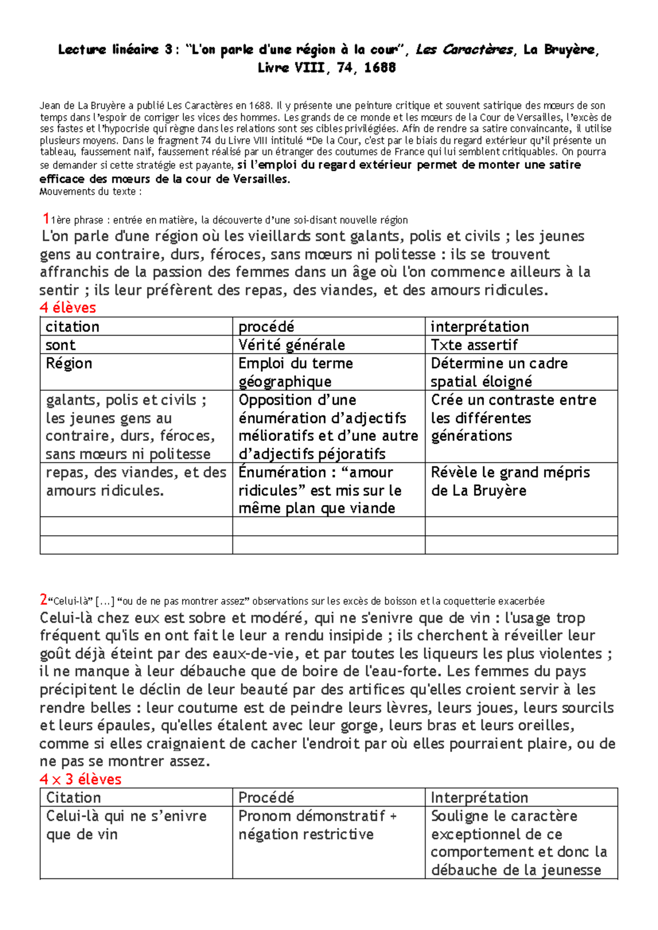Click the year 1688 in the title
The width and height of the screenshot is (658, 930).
click(379, 67)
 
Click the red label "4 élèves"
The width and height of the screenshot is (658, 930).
click(67, 308)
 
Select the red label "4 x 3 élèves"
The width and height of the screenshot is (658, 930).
click(80, 779)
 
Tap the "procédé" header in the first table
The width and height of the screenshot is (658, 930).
click(266, 327)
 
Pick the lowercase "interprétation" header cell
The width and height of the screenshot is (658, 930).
click(479, 327)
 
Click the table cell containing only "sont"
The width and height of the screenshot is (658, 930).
click(60, 345)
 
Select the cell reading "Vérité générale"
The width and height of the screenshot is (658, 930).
click(291, 345)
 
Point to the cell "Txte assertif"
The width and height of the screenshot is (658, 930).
click(474, 345)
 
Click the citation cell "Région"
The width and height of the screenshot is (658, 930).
click(69, 364)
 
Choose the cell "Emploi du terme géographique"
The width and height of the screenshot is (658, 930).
click(295, 372)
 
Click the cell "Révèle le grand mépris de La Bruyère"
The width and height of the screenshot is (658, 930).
click(510, 481)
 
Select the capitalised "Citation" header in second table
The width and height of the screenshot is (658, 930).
click(73, 797)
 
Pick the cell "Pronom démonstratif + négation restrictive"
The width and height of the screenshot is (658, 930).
click(317, 825)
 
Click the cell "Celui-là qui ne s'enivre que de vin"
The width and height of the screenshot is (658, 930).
click(126, 825)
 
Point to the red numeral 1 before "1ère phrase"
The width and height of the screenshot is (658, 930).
click(46, 219)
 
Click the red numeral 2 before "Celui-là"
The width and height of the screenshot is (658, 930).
click(43, 600)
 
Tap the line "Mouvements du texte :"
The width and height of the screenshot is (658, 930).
click(90, 191)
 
